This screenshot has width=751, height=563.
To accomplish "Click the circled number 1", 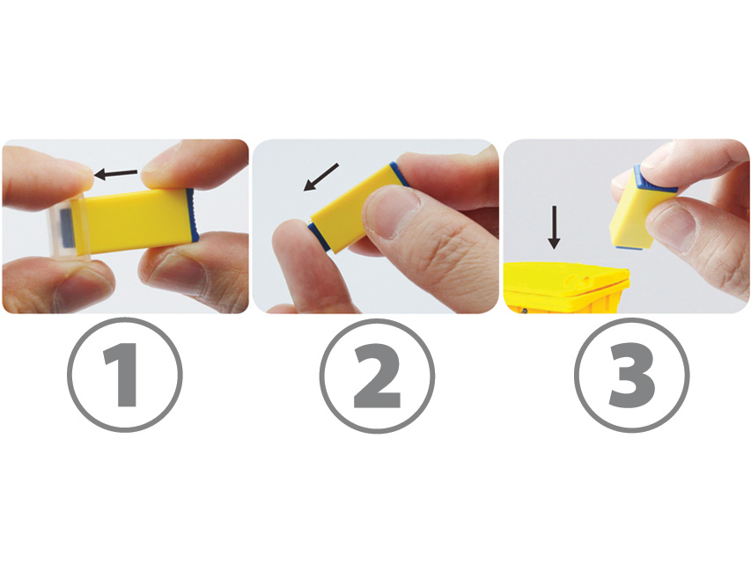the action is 124,375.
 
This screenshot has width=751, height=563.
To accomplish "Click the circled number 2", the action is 377,376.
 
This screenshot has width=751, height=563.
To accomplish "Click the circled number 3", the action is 632,375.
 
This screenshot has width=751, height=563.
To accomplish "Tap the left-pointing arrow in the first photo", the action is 116,174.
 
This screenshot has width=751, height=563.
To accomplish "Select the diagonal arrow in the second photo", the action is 320,177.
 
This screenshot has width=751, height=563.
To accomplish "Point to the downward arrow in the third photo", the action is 554,228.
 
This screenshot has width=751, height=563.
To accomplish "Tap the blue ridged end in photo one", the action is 193,214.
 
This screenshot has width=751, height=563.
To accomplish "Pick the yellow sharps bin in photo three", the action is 567,288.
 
